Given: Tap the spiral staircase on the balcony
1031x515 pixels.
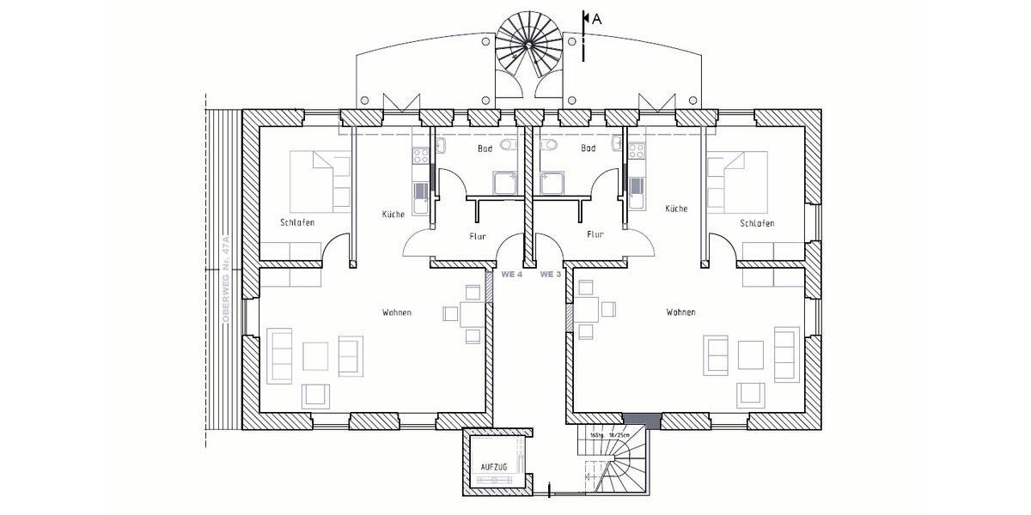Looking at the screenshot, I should point(529,42).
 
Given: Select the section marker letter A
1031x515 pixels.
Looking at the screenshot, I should point(596,16).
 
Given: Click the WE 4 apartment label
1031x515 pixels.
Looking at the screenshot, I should point(512,275).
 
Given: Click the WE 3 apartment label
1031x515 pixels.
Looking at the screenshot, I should point(551,275).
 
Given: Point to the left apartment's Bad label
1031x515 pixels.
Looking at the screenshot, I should point(485,148).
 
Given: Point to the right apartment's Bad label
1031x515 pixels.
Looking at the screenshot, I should point(588,148).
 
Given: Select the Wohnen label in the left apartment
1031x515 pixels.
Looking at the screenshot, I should point(397,312).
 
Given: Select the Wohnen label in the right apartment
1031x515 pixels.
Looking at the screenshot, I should point(680,312).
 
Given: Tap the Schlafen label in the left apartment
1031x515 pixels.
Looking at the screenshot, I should point(297,223).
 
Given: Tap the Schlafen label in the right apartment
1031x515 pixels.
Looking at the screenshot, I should point(757,223).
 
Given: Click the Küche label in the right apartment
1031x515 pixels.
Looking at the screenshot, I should point(676,209).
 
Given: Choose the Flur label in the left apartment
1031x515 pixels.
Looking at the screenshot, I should point(479,234).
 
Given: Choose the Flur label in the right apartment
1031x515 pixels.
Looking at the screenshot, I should point(595,233).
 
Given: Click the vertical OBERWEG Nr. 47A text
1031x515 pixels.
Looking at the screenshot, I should point(226,279).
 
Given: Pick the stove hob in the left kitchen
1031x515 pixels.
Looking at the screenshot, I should point(421,156).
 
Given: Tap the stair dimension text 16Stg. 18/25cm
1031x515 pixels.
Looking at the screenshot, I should point(610,436).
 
